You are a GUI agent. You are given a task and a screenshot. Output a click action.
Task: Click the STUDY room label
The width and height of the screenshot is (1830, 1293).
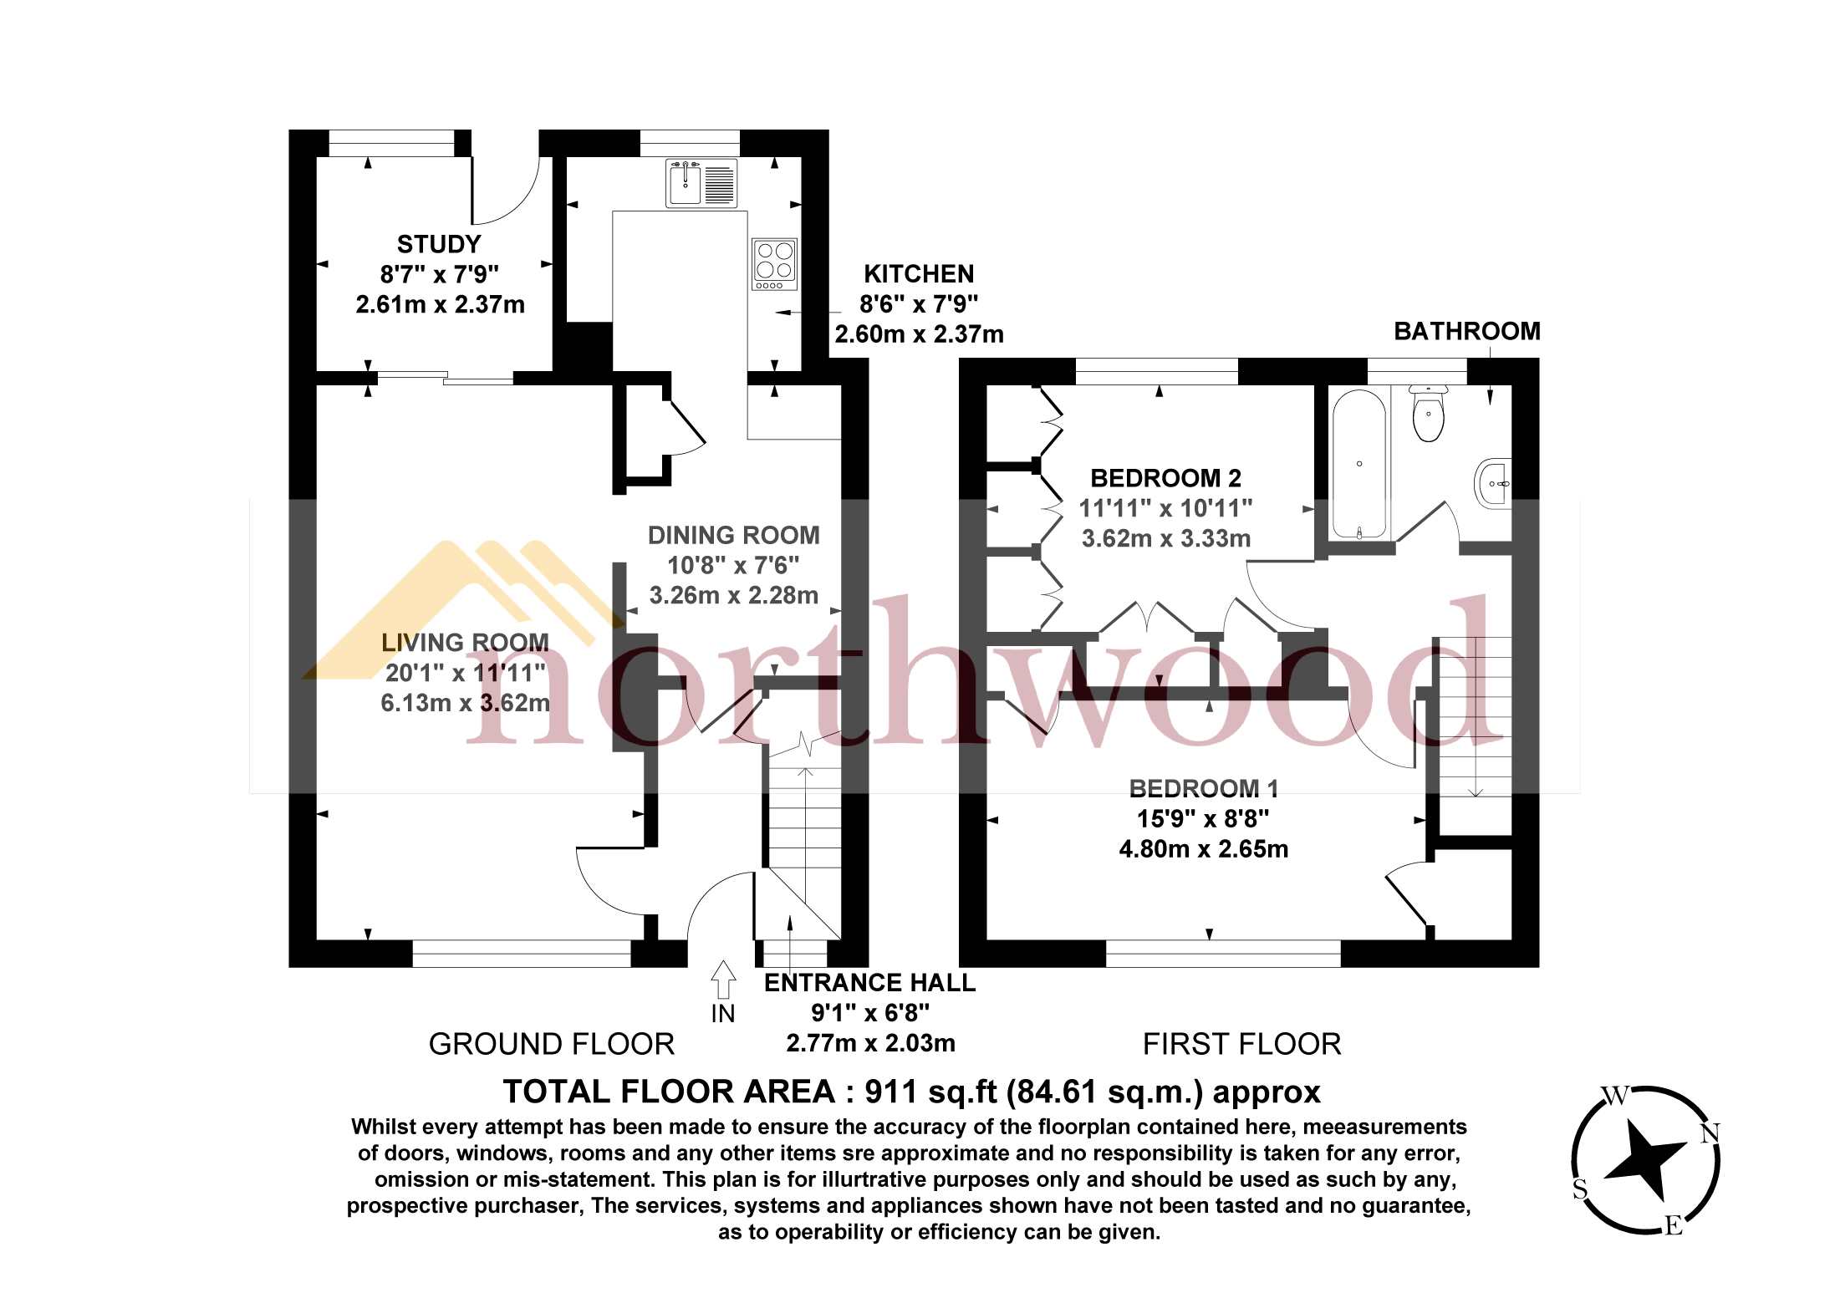click(x=439, y=244)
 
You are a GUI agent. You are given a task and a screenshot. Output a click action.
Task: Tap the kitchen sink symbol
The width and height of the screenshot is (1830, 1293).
click(x=685, y=183)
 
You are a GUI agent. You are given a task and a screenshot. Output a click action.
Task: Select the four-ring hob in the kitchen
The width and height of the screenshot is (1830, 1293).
click(x=774, y=262)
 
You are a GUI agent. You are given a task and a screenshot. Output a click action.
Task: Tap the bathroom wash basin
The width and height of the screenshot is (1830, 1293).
click(x=1493, y=483)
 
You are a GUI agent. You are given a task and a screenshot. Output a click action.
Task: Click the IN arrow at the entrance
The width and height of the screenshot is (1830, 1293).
click(x=723, y=980)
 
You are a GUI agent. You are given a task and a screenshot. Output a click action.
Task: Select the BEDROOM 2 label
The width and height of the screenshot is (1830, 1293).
click(x=1165, y=478)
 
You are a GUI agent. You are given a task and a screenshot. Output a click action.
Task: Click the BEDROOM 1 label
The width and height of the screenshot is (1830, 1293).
click(x=1203, y=788)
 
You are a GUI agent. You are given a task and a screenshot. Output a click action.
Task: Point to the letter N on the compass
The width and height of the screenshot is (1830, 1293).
click(x=1710, y=1133)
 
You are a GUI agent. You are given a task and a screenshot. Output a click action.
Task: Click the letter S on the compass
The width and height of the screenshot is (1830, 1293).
click(x=1580, y=1189)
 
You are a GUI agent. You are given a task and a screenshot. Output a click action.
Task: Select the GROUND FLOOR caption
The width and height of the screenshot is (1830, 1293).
click(x=551, y=1044)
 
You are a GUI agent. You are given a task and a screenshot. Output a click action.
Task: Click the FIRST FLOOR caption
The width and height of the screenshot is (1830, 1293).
click(x=1241, y=1044)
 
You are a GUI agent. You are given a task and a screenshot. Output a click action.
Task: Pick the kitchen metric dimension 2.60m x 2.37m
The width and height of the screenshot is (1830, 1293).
click(x=919, y=334)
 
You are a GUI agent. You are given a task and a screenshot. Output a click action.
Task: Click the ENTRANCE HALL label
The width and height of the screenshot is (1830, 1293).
click(x=869, y=983)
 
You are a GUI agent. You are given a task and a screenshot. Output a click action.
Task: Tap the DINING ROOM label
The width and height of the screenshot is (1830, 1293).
click(x=733, y=535)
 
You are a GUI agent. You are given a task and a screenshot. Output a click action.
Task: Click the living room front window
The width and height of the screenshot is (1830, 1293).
click(x=522, y=954)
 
